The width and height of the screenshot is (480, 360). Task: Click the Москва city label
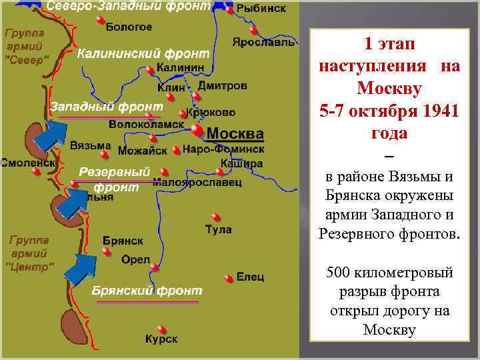pos(235,133)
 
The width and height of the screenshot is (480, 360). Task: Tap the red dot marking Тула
pos(215,216)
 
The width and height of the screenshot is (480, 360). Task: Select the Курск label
pos(161,339)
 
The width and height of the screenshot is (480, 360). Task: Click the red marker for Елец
pos(229,277)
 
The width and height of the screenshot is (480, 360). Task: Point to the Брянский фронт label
pos(147,291)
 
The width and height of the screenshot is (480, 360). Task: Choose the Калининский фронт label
pos(143,54)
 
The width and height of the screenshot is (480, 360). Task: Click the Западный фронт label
pos(107,107)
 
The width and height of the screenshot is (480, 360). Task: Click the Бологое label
pos(129,27)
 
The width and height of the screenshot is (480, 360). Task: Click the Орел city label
pos(136,260)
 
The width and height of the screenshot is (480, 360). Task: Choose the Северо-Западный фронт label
pos(127,6)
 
